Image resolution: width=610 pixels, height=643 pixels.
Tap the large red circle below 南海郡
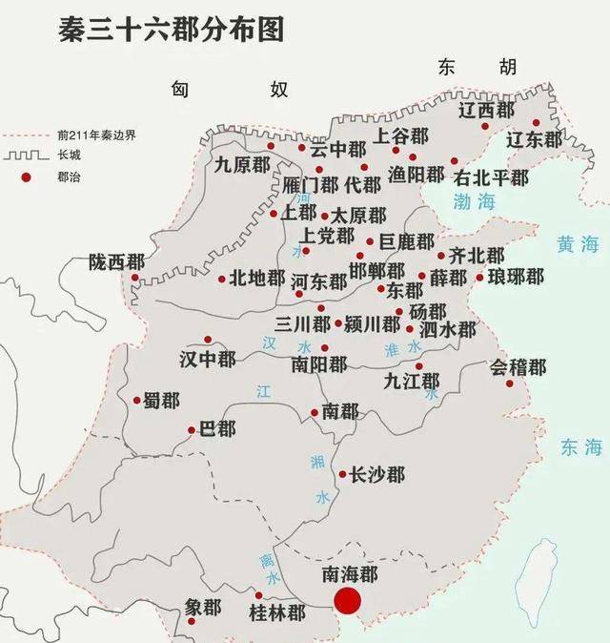tap(346, 601)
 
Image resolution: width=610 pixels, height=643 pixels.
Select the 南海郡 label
tap(349, 573)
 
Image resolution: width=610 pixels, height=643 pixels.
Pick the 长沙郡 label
tap(377, 474)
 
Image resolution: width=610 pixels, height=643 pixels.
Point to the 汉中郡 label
tap(207, 358)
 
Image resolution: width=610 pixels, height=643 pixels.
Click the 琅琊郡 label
tap(516, 277)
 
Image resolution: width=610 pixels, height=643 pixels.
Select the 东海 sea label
tap(581, 446)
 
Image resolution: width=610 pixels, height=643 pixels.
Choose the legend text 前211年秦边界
tap(96, 135)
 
